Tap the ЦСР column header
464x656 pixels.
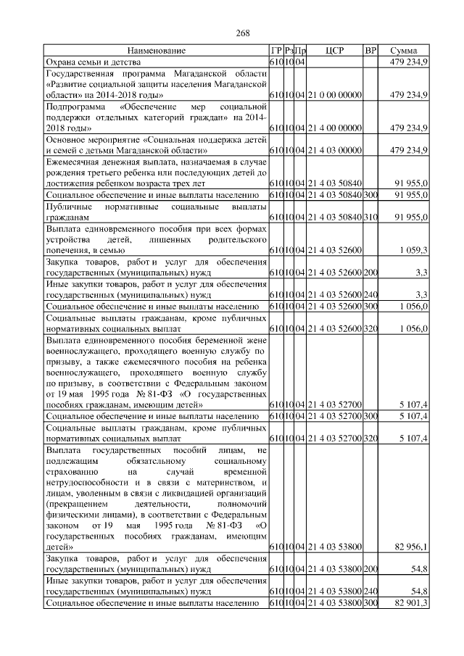tap(334, 51)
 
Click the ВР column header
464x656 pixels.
tap(370, 51)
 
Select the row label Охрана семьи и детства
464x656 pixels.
tap(92, 62)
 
